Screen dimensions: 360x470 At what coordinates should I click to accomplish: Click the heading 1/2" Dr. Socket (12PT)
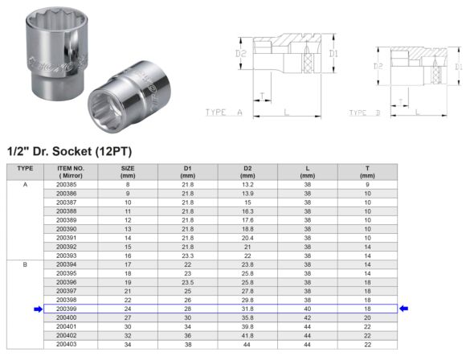click(69, 151)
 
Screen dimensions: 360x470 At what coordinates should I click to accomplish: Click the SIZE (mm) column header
click(127, 171)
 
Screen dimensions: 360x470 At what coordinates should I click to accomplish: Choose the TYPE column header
click(25, 169)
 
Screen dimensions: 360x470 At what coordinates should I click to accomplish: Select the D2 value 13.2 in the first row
click(247, 184)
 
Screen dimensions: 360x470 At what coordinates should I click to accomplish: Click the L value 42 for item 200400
click(307, 317)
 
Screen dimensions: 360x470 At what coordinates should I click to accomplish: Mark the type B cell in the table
click(25, 263)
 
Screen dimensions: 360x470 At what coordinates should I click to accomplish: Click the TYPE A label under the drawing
click(224, 113)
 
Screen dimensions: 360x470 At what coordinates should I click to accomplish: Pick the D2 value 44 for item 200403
click(247, 344)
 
